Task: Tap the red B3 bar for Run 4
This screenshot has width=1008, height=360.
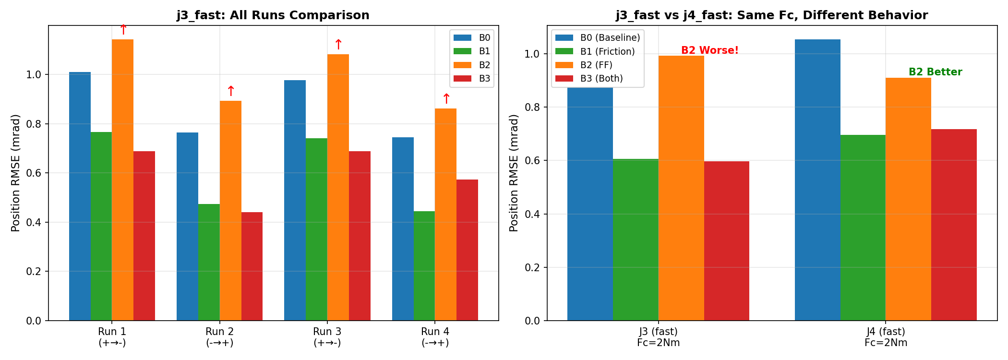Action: tap(467, 250)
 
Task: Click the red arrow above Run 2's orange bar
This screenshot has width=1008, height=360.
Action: tap(230, 91)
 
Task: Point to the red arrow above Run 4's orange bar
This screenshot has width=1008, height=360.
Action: tap(446, 98)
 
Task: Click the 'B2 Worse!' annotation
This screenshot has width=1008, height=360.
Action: tap(709, 50)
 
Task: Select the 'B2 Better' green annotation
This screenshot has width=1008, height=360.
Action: tap(935, 72)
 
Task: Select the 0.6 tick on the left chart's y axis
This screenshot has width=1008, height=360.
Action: tap(36, 173)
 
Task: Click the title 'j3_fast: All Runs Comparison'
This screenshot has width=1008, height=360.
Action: tap(273, 15)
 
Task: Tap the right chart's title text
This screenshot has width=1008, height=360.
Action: tap(772, 15)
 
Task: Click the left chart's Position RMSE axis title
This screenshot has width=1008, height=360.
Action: tap(15, 173)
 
